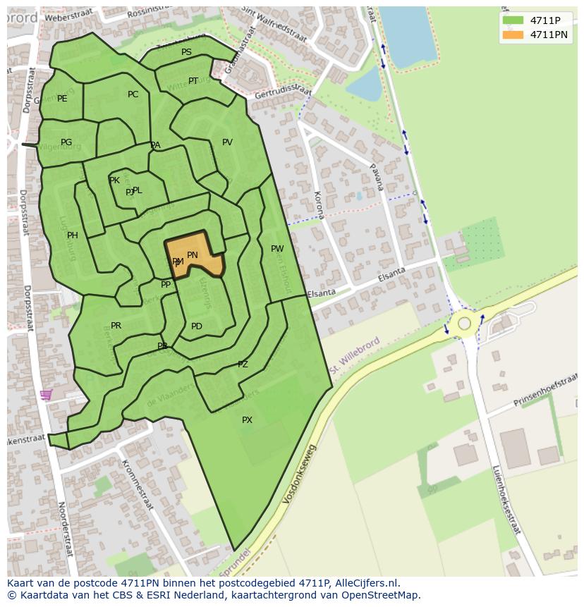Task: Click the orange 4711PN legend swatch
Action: (513, 34)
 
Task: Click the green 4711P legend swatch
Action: (513, 20)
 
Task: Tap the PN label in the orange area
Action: (193, 255)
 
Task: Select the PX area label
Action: (247, 420)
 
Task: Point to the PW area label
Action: (277, 249)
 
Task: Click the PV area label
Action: (227, 142)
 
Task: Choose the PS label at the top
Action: (186, 52)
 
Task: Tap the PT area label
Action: (193, 81)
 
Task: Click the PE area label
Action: (62, 99)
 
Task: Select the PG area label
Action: (66, 142)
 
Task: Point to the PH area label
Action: (72, 235)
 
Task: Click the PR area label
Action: (116, 326)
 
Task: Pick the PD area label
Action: (197, 326)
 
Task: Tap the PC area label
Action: (133, 94)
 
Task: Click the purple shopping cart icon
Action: (46, 395)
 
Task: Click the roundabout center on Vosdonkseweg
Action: (464, 324)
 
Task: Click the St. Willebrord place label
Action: (355, 356)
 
